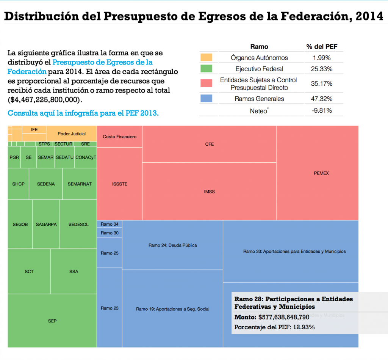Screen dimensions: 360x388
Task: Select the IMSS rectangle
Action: click(x=209, y=192)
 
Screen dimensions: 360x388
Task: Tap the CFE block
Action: click(x=209, y=144)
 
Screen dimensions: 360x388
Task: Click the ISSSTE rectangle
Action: click(x=120, y=184)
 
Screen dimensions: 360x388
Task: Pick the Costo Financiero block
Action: click(x=120, y=137)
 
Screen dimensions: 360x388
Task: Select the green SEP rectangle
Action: click(x=52, y=321)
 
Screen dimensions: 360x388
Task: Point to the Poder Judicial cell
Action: click(x=72, y=134)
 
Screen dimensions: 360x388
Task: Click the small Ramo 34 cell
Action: click(x=110, y=224)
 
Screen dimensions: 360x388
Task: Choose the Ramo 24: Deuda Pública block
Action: click(x=172, y=245)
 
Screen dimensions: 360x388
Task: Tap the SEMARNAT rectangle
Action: click(x=80, y=184)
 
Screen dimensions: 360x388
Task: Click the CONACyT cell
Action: click(x=86, y=157)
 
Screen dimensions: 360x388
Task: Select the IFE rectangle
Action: click(x=34, y=130)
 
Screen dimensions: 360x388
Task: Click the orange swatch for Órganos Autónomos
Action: click(x=206, y=58)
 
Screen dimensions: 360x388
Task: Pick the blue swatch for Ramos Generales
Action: click(x=206, y=99)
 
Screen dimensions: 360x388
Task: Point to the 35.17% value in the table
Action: click(x=322, y=84)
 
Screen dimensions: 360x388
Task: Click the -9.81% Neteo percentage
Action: click(x=322, y=111)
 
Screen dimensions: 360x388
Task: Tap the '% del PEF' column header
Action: click(x=322, y=47)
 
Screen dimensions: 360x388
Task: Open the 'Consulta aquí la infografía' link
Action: click(x=83, y=113)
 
